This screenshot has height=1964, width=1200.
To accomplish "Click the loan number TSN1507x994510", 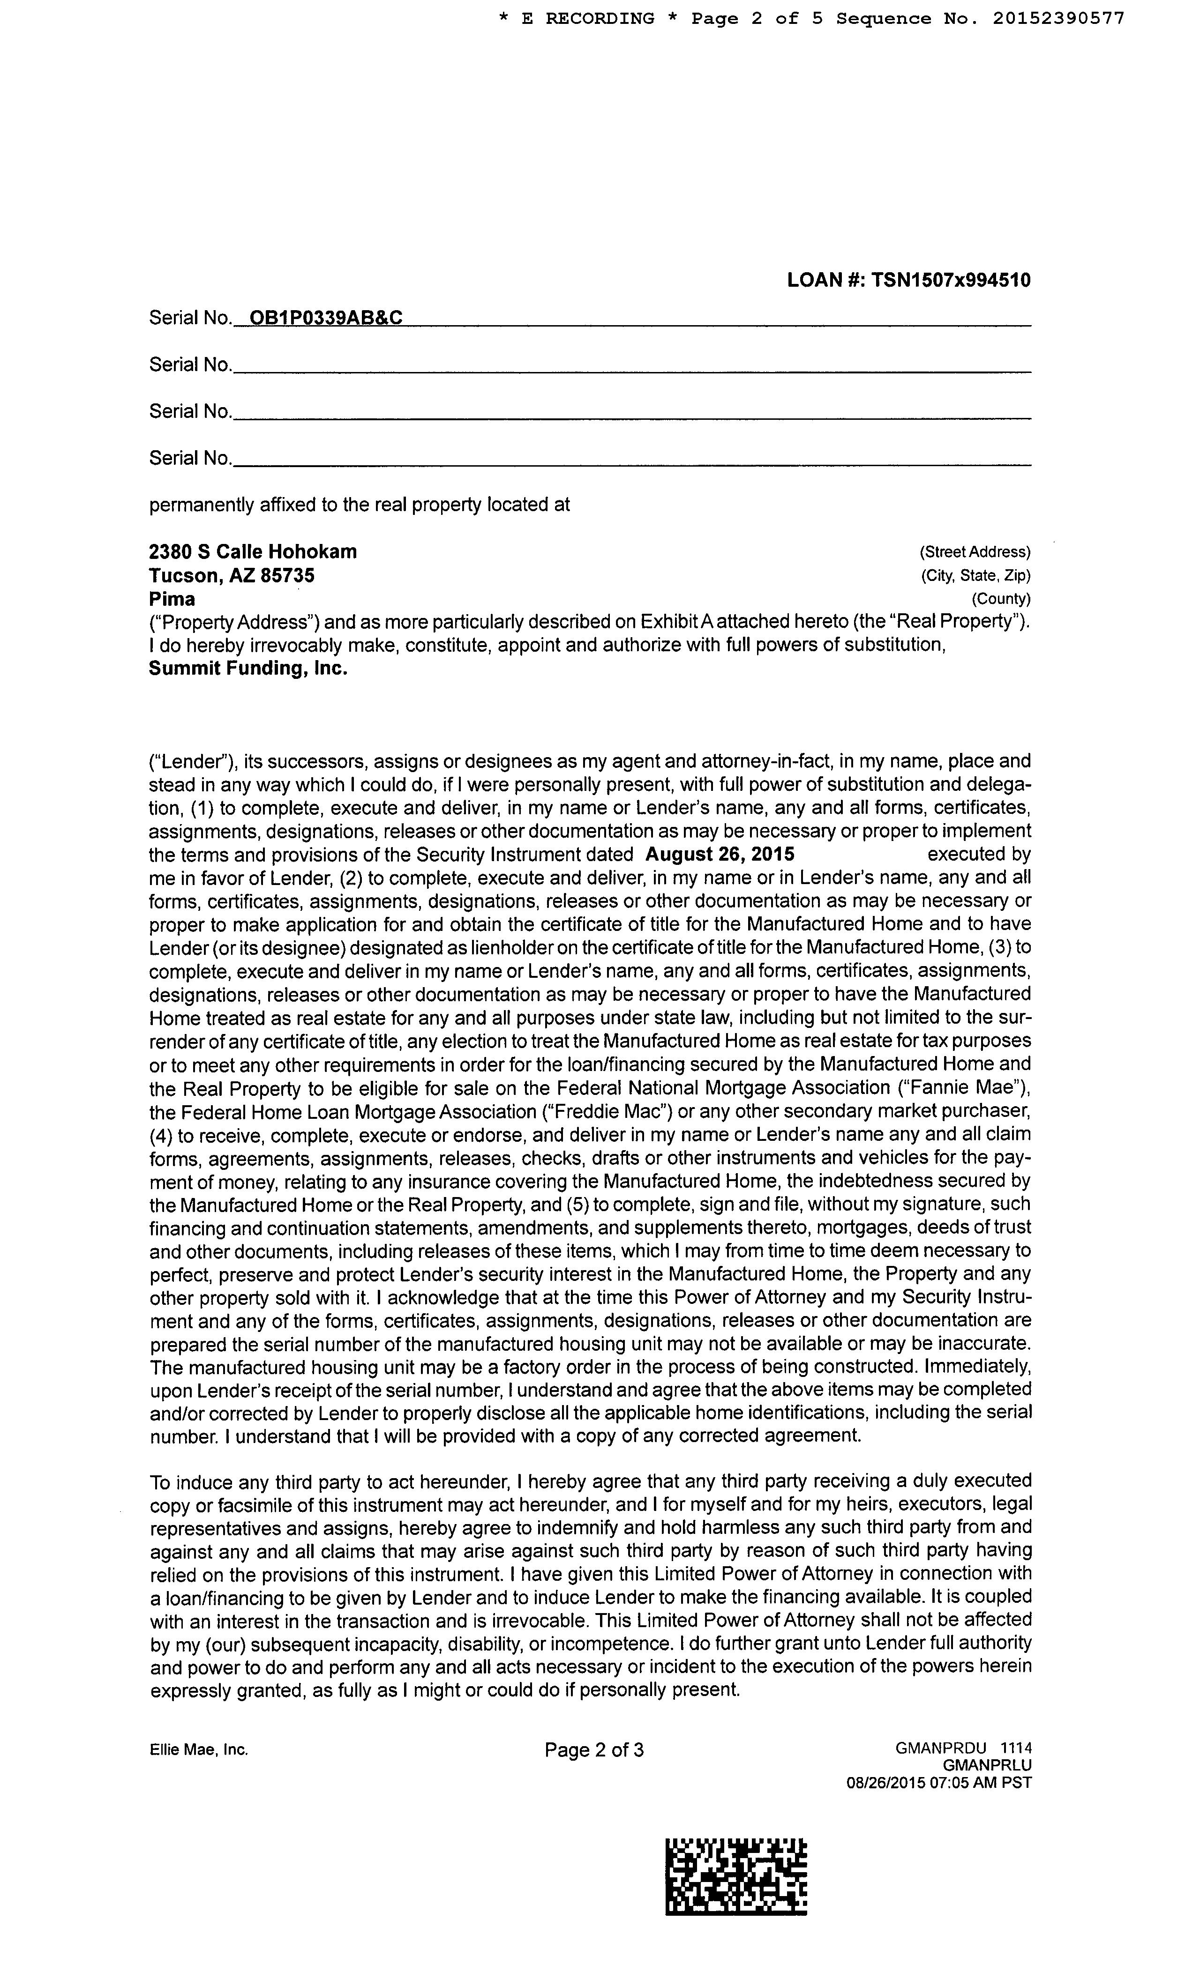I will pyautogui.click(x=951, y=280).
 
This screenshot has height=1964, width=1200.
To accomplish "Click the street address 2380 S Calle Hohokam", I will pyautogui.click(x=253, y=551).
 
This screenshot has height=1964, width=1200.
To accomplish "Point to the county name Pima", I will pyautogui.click(x=172, y=599).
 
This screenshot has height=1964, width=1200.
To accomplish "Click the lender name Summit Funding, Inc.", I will pyautogui.click(x=248, y=668).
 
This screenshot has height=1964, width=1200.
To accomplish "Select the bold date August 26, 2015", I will pyautogui.click(x=719, y=855).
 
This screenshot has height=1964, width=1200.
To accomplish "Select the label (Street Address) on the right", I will pyautogui.click(x=975, y=551).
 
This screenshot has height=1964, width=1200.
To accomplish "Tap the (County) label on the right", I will pyautogui.click(x=1001, y=599).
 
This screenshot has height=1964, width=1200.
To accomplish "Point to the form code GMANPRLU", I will pyautogui.click(x=986, y=1765).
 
